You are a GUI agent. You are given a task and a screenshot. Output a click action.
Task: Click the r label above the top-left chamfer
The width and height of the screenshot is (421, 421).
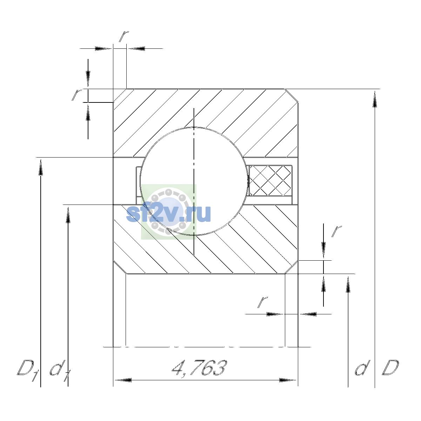click(x=123, y=36)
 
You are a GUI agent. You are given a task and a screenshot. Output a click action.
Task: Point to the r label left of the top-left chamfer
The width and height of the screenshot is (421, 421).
click(x=77, y=95)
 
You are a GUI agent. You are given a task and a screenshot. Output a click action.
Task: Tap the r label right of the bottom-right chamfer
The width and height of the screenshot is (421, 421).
click(x=336, y=232)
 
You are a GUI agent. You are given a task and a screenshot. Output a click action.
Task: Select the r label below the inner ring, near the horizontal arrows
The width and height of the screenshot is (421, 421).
click(x=263, y=302)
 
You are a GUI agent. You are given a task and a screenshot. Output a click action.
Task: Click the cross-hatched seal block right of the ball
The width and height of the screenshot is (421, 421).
click(x=270, y=180)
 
